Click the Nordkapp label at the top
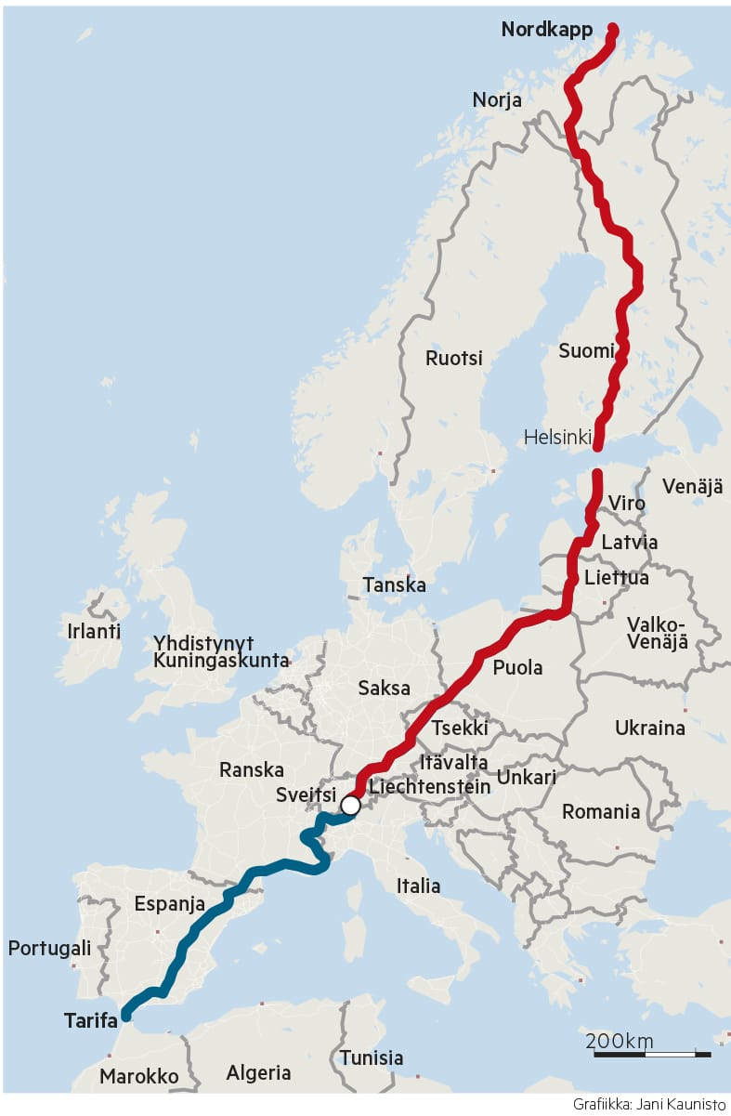[x=546, y=30]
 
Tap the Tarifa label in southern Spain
[x=91, y=1020]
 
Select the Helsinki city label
[x=557, y=437]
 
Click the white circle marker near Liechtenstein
[x=350, y=805]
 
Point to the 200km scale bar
[x=652, y=1054]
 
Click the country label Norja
[x=497, y=100]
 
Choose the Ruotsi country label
[x=454, y=358]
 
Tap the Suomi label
[x=586, y=351]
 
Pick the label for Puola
[x=517, y=667]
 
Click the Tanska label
[x=395, y=585]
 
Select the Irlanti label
[x=94, y=631]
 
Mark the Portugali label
[x=49, y=949]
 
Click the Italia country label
[x=418, y=886]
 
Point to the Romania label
[x=601, y=812]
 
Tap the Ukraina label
[x=649, y=728]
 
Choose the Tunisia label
[x=371, y=1057]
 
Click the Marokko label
[x=138, y=1076]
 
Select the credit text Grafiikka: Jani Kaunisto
[x=648, y=1105]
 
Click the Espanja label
[x=170, y=903]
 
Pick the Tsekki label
[x=459, y=729]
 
